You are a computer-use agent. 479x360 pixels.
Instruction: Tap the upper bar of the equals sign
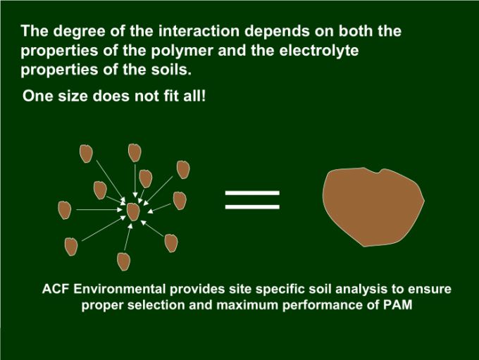pyautogui.click(x=252, y=192)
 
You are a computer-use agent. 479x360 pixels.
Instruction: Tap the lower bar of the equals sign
pyautogui.click(x=252, y=207)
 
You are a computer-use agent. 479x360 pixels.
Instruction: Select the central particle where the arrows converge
pyautogui.click(x=133, y=211)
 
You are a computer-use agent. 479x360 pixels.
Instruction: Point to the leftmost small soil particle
pyautogui.click(x=64, y=209)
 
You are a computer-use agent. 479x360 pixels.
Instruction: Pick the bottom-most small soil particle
pyautogui.click(x=124, y=261)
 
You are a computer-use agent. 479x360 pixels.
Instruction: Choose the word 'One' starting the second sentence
pyautogui.click(x=37, y=96)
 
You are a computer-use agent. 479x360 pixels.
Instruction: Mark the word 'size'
pyautogui.click(x=72, y=96)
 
